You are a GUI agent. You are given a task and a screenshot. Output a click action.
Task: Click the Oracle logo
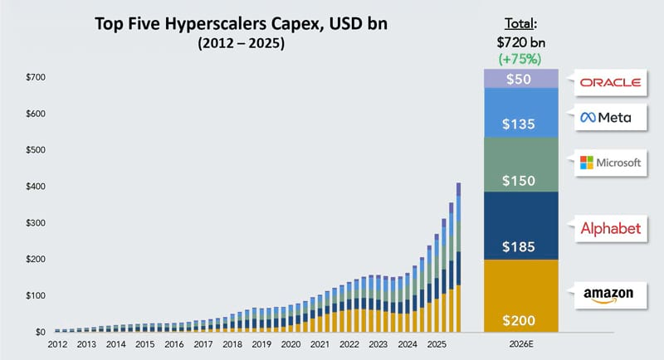coord(610,81)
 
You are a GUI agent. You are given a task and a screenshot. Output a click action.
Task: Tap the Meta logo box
coord(606,118)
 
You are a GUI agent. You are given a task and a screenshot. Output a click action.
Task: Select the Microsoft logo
coord(611,163)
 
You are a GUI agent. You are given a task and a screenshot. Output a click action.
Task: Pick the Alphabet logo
coord(610,228)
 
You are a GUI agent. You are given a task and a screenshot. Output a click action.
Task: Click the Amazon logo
coord(608,294)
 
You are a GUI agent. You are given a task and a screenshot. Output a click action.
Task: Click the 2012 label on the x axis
coord(57,343)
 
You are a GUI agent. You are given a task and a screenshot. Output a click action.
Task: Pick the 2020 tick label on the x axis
coord(290,343)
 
